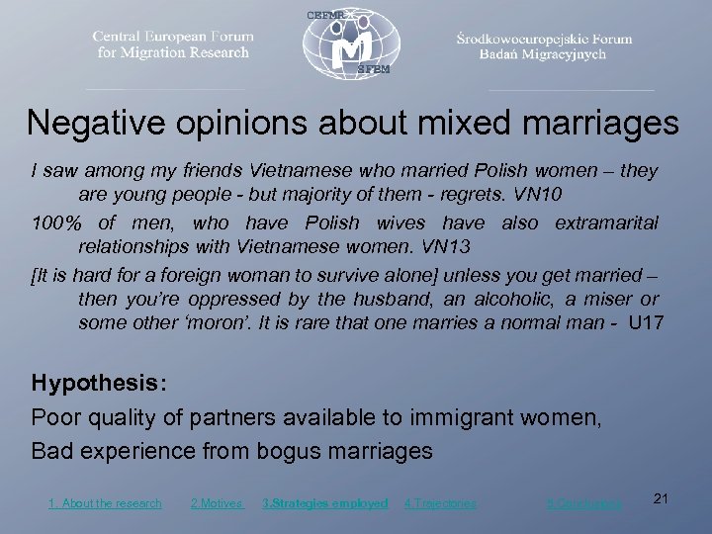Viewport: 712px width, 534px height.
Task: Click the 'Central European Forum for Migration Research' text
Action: pos(173,44)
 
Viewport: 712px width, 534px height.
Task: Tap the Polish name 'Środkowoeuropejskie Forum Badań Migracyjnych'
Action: pos(543,46)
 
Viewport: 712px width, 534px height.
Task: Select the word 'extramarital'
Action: pos(606,223)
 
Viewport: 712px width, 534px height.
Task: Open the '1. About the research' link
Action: pos(105,503)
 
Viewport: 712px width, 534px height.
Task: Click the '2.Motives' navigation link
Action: pos(216,503)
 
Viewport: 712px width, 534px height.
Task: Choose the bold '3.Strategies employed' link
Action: pos(324,503)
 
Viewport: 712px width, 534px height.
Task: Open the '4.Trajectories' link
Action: pos(440,503)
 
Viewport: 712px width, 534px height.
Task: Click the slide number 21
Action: pos(662,499)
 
